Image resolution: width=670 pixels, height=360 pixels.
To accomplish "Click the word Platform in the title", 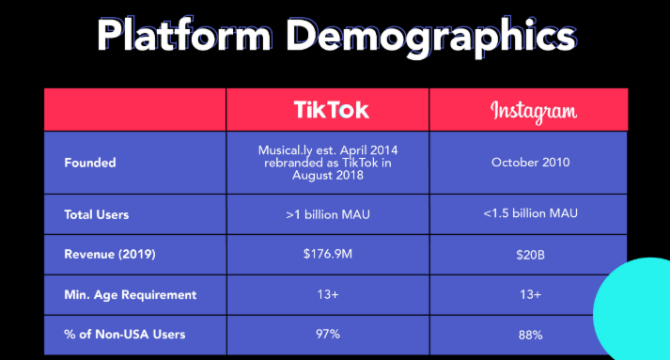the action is click(x=184, y=36).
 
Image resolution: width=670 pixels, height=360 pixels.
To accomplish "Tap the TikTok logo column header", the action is click(x=331, y=110).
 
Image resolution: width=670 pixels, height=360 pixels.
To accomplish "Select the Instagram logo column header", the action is click(x=533, y=112).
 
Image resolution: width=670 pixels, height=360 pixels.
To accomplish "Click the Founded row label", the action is click(x=90, y=163).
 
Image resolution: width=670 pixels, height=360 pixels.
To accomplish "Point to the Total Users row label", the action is click(x=97, y=214).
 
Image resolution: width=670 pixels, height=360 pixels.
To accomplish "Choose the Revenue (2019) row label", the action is click(x=110, y=255).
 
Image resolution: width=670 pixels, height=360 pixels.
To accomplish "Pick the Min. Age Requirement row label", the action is click(x=131, y=295).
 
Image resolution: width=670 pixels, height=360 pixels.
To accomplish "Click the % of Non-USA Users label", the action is click(x=125, y=335).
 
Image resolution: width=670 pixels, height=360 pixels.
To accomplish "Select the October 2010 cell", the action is click(x=530, y=163).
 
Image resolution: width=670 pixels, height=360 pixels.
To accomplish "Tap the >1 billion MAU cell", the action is click(x=328, y=214).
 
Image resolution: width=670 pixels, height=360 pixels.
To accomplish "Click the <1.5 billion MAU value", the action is click(x=530, y=213).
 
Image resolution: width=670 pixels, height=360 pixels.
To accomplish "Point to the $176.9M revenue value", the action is click(x=328, y=254).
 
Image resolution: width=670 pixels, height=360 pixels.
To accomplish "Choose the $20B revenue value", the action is click(x=530, y=256).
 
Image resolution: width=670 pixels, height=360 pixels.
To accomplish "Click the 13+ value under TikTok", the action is click(x=328, y=294).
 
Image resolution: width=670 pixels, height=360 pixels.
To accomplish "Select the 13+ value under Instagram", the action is click(x=530, y=294).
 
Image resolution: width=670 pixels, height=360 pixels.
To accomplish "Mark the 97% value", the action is click(x=328, y=334).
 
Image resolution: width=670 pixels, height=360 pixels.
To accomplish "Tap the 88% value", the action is click(x=530, y=335).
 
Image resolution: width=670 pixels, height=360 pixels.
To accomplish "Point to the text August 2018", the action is click(x=328, y=175).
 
